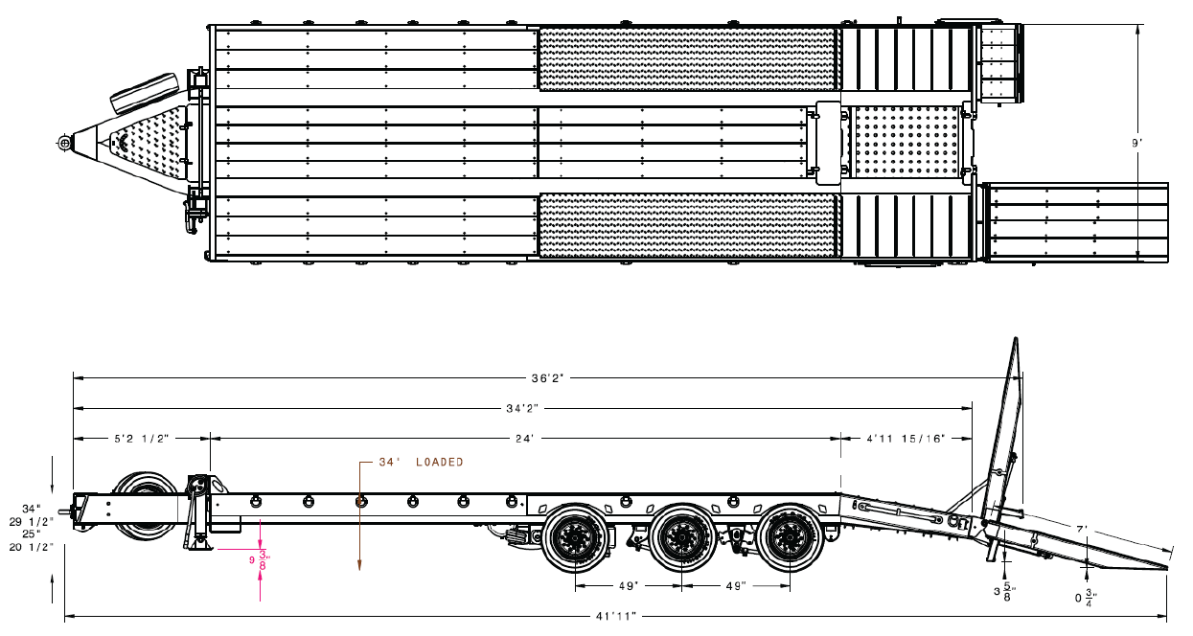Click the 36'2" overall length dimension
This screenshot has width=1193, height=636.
coord(547,377)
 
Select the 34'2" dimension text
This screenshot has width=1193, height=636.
coord(521,408)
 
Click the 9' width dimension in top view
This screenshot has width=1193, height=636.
coord(1137,143)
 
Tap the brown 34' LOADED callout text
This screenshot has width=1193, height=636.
coord(421,462)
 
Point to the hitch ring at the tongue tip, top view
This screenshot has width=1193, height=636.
coord(64,143)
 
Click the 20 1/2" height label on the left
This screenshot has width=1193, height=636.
coord(33,547)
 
